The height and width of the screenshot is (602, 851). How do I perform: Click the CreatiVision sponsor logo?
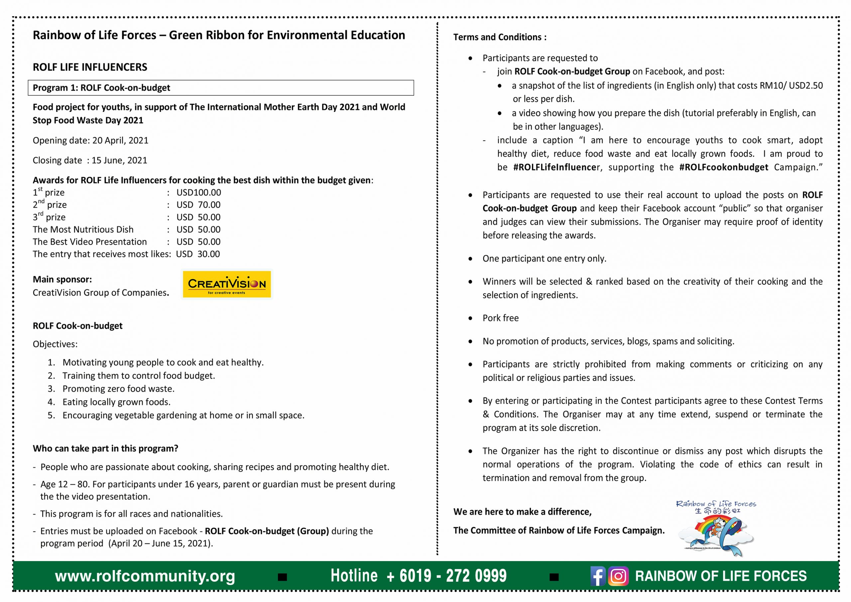pyautogui.click(x=226, y=284)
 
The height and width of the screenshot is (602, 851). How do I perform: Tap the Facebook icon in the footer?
pyautogui.click(x=597, y=576)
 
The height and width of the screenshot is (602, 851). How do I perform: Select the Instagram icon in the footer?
pyautogui.click(x=618, y=576)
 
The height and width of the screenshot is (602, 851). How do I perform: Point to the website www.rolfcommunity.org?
pyautogui.click(x=145, y=576)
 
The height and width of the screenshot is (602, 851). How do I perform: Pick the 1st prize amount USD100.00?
pyautogui.click(x=199, y=192)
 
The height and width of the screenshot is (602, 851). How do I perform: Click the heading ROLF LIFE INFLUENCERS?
pyautogui.click(x=90, y=67)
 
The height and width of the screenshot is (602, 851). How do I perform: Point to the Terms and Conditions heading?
pyautogui.click(x=500, y=37)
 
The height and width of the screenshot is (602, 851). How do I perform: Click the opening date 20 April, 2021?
pyautogui.click(x=120, y=141)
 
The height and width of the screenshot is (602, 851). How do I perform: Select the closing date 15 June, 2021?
pyautogui.click(x=119, y=160)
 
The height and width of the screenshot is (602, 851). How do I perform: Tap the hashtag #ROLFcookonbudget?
pyautogui.click(x=723, y=167)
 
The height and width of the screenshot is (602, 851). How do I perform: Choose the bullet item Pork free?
pyautogui.click(x=500, y=318)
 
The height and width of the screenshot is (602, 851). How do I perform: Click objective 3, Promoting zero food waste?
pyautogui.click(x=118, y=389)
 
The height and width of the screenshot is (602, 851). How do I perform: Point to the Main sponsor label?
pyautogui.click(x=62, y=279)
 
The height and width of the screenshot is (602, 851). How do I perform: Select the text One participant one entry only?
pyautogui.click(x=544, y=258)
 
